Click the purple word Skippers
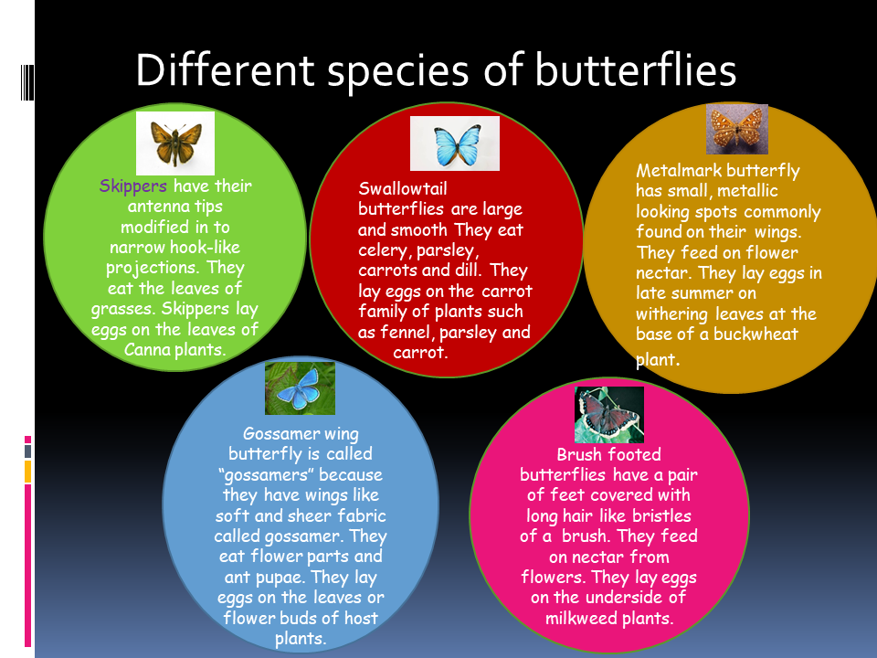tap(133, 186)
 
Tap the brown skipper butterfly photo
tap(175, 143)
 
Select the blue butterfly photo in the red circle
tap(455, 143)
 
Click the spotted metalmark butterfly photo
tap(737, 129)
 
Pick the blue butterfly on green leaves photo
tap(300, 388)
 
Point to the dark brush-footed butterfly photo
tap(609, 415)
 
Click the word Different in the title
tap(225, 70)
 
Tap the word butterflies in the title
tap(636, 70)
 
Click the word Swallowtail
tap(403, 188)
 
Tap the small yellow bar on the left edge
tap(27, 472)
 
